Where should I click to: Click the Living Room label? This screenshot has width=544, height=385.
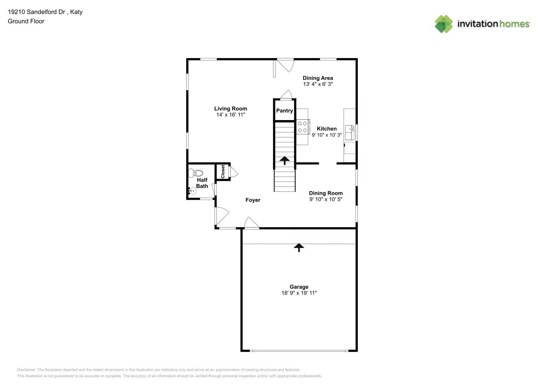click(230, 109)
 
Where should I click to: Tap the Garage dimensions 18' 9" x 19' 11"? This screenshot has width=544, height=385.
click(299, 293)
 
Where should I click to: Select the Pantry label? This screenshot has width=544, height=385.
click(284, 110)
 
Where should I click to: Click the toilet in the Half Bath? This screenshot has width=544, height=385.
click(197, 173)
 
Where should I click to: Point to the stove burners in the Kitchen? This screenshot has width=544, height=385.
click(302, 127)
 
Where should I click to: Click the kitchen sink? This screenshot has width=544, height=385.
click(350, 132)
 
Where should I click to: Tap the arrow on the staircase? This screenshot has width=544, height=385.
click(285, 160)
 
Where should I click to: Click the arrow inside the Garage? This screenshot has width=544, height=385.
click(299, 247)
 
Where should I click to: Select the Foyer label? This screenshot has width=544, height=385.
click(253, 200)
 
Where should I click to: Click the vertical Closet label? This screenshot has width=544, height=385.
click(223, 172)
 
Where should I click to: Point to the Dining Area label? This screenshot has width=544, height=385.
click(318, 78)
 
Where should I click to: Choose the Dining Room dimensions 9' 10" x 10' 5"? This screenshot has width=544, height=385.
click(325, 199)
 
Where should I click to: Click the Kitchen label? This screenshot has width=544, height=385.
click(327, 129)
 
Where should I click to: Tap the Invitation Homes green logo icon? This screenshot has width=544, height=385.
click(444, 24)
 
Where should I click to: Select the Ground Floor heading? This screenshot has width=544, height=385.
click(26, 21)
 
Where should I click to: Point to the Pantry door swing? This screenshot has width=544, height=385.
click(286, 95)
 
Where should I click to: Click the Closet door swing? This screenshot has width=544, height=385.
click(234, 172)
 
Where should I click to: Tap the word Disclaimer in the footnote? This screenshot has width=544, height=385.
click(26, 370)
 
